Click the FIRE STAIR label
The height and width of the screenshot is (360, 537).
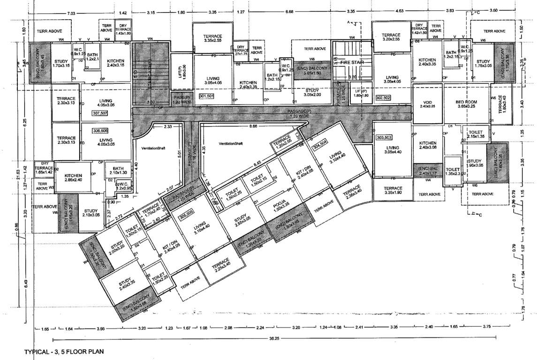(352, 62)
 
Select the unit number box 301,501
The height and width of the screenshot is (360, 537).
(206, 96)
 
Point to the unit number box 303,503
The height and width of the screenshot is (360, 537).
(383, 137)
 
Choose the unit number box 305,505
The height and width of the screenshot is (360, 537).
(186, 212)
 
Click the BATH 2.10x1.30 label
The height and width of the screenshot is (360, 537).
(115, 171)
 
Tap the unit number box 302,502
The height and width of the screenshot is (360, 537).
(383, 97)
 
